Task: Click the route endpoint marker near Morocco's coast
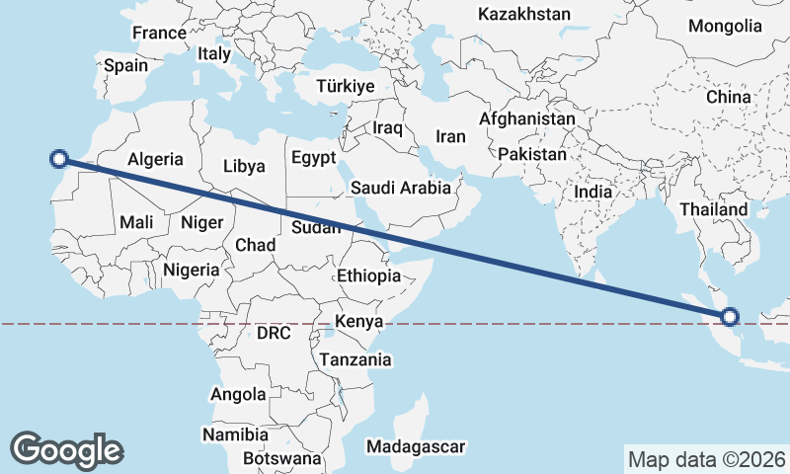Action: click(x=59, y=158)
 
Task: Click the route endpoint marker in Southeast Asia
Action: click(x=730, y=317)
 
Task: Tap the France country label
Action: click(x=159, y=33)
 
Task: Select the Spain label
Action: click(x=125, y=66)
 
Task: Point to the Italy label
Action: click(x=214, y=54)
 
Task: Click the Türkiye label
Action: click(x=346, y=87)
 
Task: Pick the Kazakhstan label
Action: click(x=524, y=14)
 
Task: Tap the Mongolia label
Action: click(x=726, y=26)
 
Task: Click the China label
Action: click(x=729, y=98)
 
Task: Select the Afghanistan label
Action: click(x=526, y=118)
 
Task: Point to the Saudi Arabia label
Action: click(x=401, y=188)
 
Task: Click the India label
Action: click(x=593, y=193)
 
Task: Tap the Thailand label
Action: click(x=714, y=210)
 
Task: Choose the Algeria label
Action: click(x=156, y=159)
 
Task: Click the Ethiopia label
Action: click(x=368, y=276)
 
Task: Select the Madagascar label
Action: click(x=415, y=447)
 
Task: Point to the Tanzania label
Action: click(x=355, y=360)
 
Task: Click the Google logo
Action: click(x=66, y=449)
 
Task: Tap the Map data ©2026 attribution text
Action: click(x=707, y=459)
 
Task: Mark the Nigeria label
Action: click(x=191, y=269)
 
